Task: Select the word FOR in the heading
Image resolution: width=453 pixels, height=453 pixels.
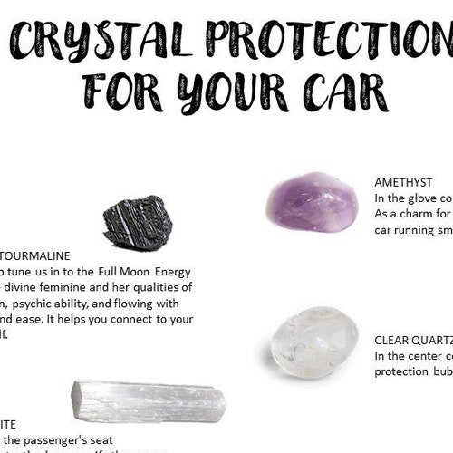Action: click(x=121, y=92)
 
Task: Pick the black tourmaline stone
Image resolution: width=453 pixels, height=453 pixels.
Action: click(x=137, y=223)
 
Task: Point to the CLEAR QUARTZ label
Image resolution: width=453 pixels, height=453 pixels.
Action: click(x=413, y=341)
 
